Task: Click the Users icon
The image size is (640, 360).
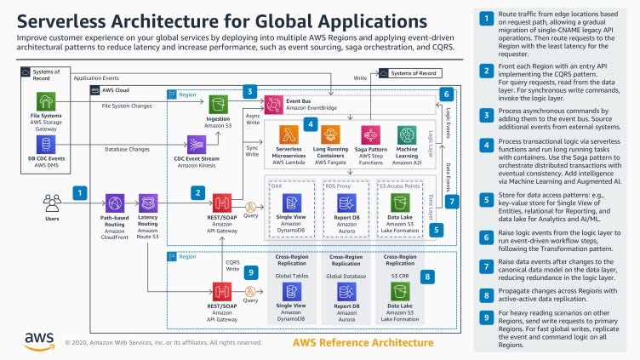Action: click(x=53, y=202)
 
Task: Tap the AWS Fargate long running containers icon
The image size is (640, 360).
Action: click(x=329, y=135)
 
